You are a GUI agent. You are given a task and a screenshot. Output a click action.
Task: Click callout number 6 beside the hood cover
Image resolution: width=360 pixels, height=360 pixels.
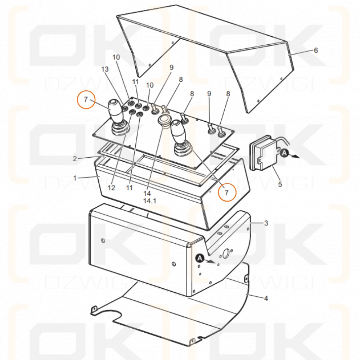pos(316,50)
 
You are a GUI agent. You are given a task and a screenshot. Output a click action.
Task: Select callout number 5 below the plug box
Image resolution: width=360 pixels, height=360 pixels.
pos(280,184)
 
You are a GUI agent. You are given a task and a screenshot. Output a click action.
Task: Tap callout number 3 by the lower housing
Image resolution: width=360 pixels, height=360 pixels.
pos(266,223)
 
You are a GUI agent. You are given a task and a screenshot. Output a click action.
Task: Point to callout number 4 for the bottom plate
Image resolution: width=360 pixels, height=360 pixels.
pos(266,298)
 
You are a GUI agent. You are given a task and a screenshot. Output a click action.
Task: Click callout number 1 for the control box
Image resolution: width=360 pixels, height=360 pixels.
pos(75,178)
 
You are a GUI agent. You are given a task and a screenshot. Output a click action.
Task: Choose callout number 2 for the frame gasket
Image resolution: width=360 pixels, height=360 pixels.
pos(75,158)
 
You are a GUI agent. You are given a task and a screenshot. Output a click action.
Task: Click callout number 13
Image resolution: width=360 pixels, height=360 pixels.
pos(105,69)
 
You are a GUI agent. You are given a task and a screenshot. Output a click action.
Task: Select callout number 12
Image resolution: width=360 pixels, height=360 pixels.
pos(111,188)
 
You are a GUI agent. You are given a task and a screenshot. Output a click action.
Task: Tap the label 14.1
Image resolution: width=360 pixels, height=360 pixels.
pos(150,201)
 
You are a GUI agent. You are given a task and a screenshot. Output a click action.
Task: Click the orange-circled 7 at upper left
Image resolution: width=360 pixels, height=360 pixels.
pos(86,99)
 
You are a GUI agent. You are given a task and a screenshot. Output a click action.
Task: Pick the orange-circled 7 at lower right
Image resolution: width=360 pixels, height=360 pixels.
pos(227,192)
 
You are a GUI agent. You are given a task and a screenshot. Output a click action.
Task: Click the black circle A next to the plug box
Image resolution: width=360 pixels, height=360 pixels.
pos(284,153)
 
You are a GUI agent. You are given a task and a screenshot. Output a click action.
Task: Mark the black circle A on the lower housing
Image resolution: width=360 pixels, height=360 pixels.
pos(200,258)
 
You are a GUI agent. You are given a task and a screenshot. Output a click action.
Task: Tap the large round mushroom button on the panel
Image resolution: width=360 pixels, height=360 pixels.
pos(164,121)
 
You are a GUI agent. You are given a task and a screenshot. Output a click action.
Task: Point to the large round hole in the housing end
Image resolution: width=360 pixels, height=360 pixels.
pos(225,253)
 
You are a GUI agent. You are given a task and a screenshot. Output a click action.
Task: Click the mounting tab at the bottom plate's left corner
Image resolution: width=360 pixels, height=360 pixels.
pos(94,310)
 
